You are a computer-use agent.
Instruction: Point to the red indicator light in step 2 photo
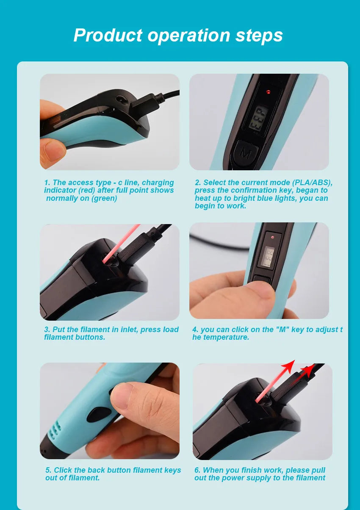tap(268, 91)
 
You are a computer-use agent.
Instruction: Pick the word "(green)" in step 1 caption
tap(104, 198)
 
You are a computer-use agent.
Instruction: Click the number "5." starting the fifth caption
tap(48, 470)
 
